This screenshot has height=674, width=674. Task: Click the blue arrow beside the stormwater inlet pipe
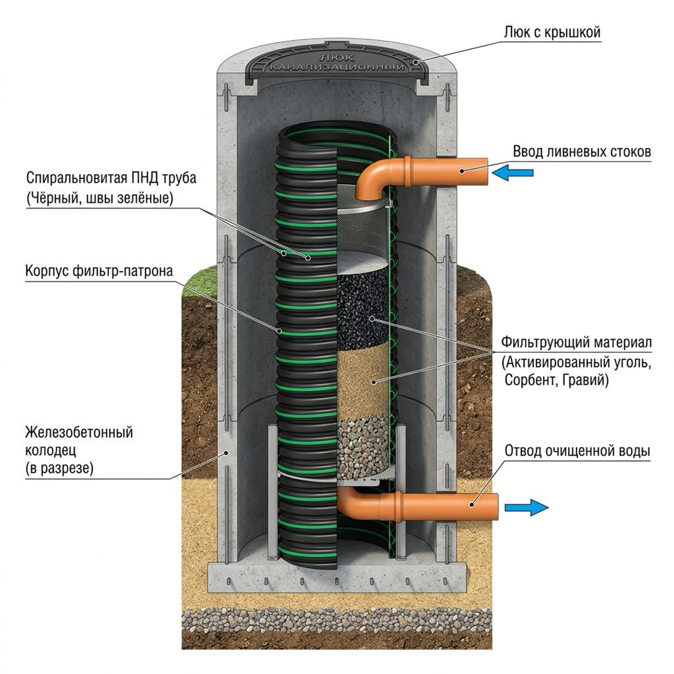point(512,173)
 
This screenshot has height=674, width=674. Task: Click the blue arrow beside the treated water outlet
point(527,507)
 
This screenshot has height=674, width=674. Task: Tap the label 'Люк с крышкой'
point(552,33)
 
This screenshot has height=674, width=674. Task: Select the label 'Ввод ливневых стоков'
point(582,152)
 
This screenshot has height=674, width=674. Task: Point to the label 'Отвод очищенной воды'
point(577,451)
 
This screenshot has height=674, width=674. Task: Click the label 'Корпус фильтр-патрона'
point(99,271)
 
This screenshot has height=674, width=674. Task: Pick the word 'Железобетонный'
point(79,432)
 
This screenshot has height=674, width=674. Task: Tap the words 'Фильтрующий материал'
point(576,343)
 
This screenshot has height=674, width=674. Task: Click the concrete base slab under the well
point(336,577)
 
